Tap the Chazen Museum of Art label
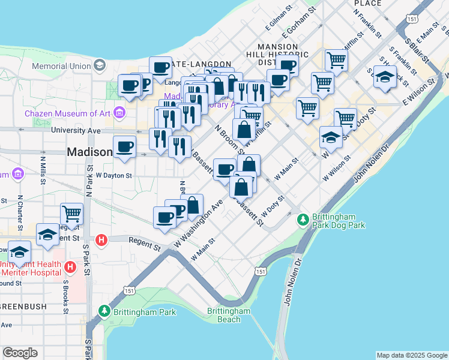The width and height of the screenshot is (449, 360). point(67,113)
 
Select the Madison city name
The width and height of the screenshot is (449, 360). point(89,152)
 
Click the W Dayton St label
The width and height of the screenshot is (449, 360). point(114,175)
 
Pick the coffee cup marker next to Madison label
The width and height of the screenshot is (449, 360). point(125,147)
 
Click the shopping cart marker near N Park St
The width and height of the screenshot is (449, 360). point(71,213)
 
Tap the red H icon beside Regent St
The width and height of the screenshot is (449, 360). point(101,239)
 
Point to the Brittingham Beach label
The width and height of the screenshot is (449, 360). point(229,315)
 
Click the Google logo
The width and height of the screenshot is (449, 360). point(20,353)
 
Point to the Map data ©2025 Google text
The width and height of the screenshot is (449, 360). point(411,355)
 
